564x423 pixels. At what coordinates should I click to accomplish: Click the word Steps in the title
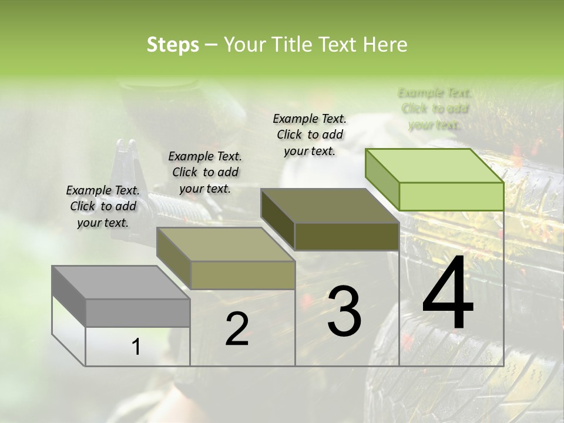point(173,45)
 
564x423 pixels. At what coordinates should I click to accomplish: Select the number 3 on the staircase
point(344,311)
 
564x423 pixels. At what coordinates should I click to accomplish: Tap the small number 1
point(136,347)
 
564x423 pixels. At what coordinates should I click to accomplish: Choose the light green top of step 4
point(427,166)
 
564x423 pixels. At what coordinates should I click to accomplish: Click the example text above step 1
point(103,206)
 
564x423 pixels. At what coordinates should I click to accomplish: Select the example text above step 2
point(205,172)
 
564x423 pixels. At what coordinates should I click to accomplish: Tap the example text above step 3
point(310,135)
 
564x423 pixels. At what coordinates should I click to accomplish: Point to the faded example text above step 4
point(435,109)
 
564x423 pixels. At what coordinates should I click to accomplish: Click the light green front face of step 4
point(451,196)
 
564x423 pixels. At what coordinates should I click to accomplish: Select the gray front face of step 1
point(138,313)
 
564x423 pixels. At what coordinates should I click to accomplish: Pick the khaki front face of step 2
point(243,275)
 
